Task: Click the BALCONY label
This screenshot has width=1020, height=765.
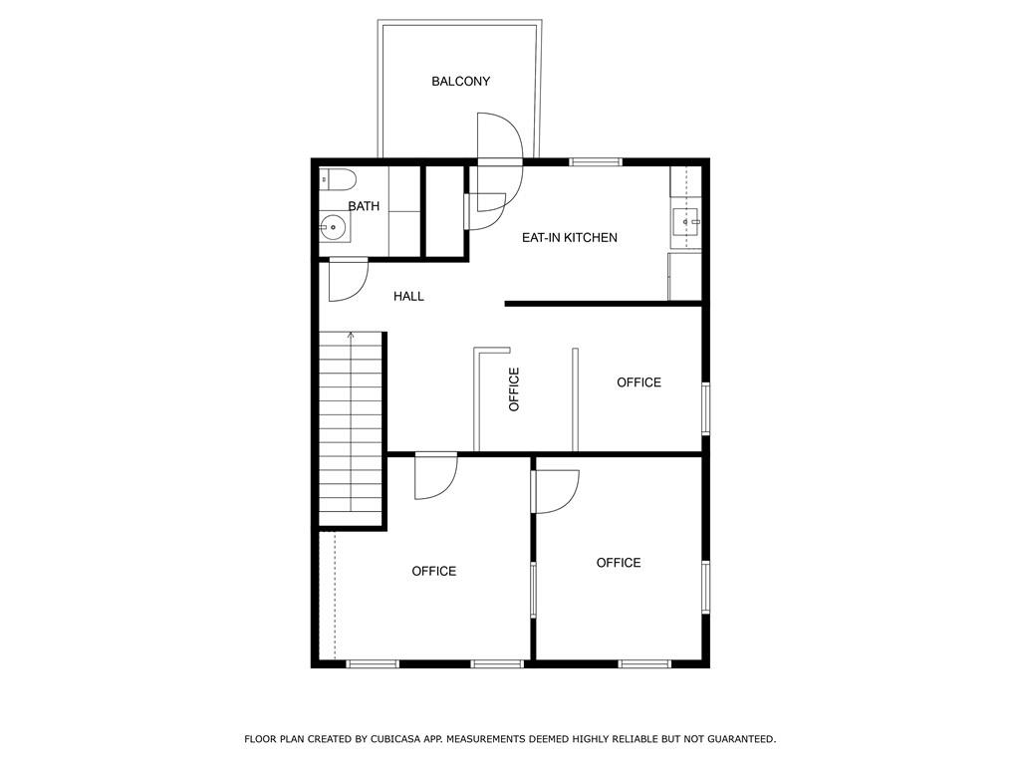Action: [x=460, y=82]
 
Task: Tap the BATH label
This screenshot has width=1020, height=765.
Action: [x=364, y=206]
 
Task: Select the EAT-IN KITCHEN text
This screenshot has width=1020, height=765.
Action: [x=569, y=237]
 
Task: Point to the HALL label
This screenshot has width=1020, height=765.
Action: [x=408, y=297]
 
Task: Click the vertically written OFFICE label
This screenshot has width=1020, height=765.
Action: [x=514, y=389]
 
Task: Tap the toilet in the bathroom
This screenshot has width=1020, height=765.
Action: [x=338, y=179]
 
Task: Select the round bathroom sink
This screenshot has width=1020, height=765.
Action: [x=333, y=228]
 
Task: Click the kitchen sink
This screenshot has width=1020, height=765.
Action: [x=686, y=222]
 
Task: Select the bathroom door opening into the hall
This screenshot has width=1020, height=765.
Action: [x=349, y=280]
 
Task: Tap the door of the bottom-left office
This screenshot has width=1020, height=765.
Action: [x=436, y=477]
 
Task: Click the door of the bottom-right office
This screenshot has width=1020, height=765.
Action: [x=555, y=491]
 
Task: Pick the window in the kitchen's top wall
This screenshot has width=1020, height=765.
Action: [x=596, y=162]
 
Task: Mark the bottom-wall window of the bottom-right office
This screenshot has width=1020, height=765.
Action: [x=644, y=664]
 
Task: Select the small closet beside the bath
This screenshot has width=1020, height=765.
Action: [x=445, y=211]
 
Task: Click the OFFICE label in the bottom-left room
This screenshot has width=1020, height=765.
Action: [x=434, y=571]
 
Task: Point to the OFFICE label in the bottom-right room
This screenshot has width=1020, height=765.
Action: [x=619, y=563]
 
